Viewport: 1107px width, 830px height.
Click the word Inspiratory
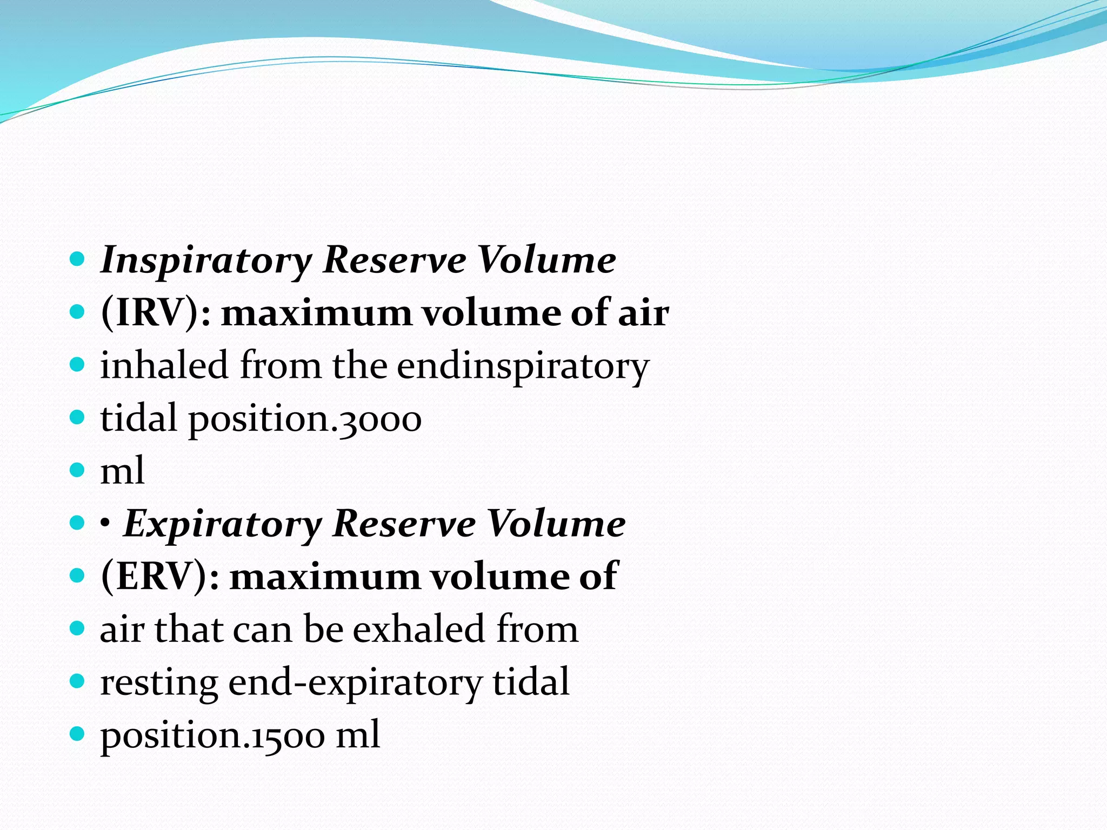pos(206,261)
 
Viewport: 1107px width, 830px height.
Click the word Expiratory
pos(223,525)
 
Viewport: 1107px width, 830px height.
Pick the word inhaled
pos(164,366)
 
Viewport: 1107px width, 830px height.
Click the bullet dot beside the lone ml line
pos(78,470)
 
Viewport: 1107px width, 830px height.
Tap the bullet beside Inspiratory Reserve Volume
pos(78,259)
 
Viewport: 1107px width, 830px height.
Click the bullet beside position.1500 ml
pos(78,733)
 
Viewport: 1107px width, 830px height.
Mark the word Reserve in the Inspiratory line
pos(394,260)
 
